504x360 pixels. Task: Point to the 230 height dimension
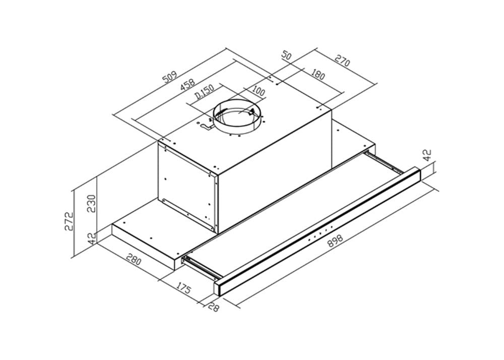pyautogui.click(x=91, y=204)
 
